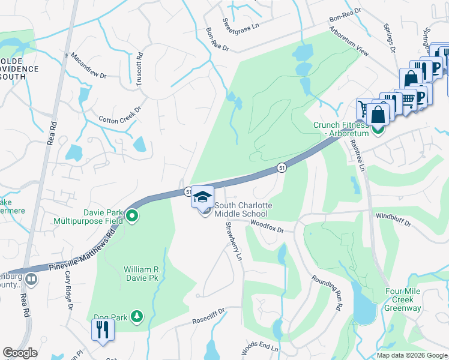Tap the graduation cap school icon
[x=203, y=197]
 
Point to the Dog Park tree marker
[x=137, y=316]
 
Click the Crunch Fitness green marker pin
[x=378, y=130]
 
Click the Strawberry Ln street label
[x=234, y=241]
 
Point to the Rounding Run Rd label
[x=327, y=293]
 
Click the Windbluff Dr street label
[x=394, y=220]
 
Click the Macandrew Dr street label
[x=88, y=66]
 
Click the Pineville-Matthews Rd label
[x=83, y=253]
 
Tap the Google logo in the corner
[x=20, y=353]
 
